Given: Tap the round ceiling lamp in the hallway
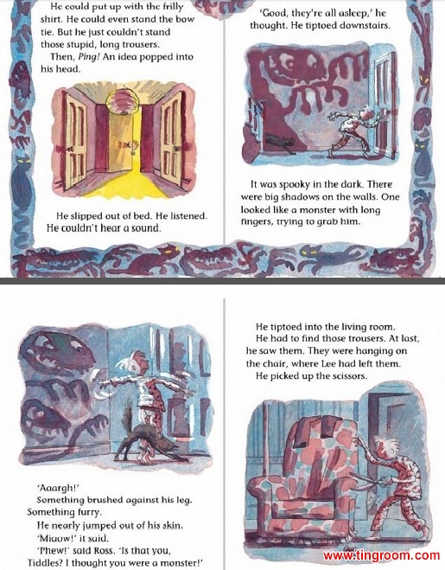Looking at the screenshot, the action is pos(122,100).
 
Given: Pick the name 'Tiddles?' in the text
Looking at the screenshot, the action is pos(45,563).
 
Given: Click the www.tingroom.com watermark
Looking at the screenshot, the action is pos(381,555).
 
